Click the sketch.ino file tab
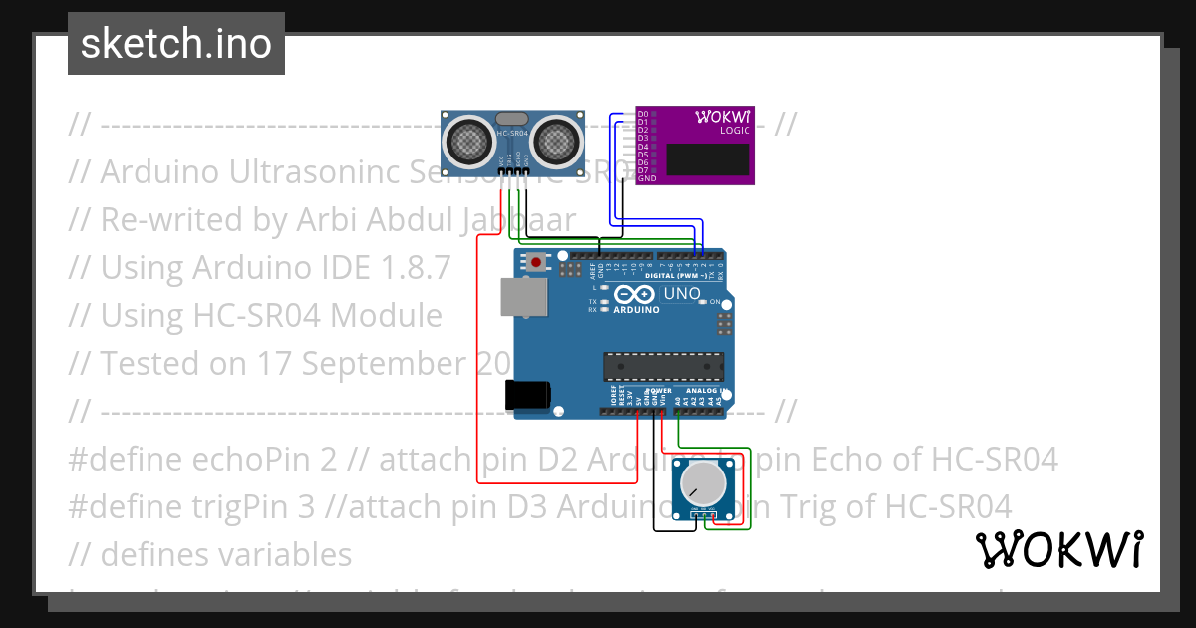176,44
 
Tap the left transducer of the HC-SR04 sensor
466,141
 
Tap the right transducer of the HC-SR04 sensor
556,141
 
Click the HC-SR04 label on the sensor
511,133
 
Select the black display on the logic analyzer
708,158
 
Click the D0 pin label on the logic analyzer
643,114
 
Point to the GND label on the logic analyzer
646,178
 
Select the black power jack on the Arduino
527,395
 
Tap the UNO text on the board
683,293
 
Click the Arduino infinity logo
635,294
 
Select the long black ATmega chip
663,367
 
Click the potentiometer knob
703,483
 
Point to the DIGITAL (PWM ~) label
690,276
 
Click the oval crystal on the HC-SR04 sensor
511,119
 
